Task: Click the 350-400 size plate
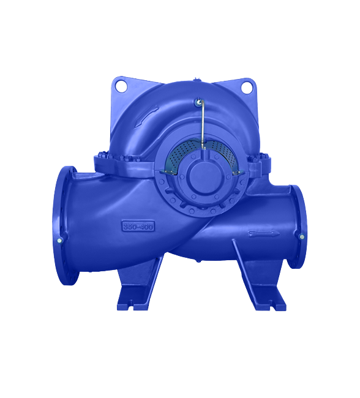(138, 226)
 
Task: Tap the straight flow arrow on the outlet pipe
(264, 233)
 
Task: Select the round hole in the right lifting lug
(246, 88)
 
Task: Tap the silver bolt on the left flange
(59, 241)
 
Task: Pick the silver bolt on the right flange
(302, 237)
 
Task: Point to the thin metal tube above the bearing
(202, 123)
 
